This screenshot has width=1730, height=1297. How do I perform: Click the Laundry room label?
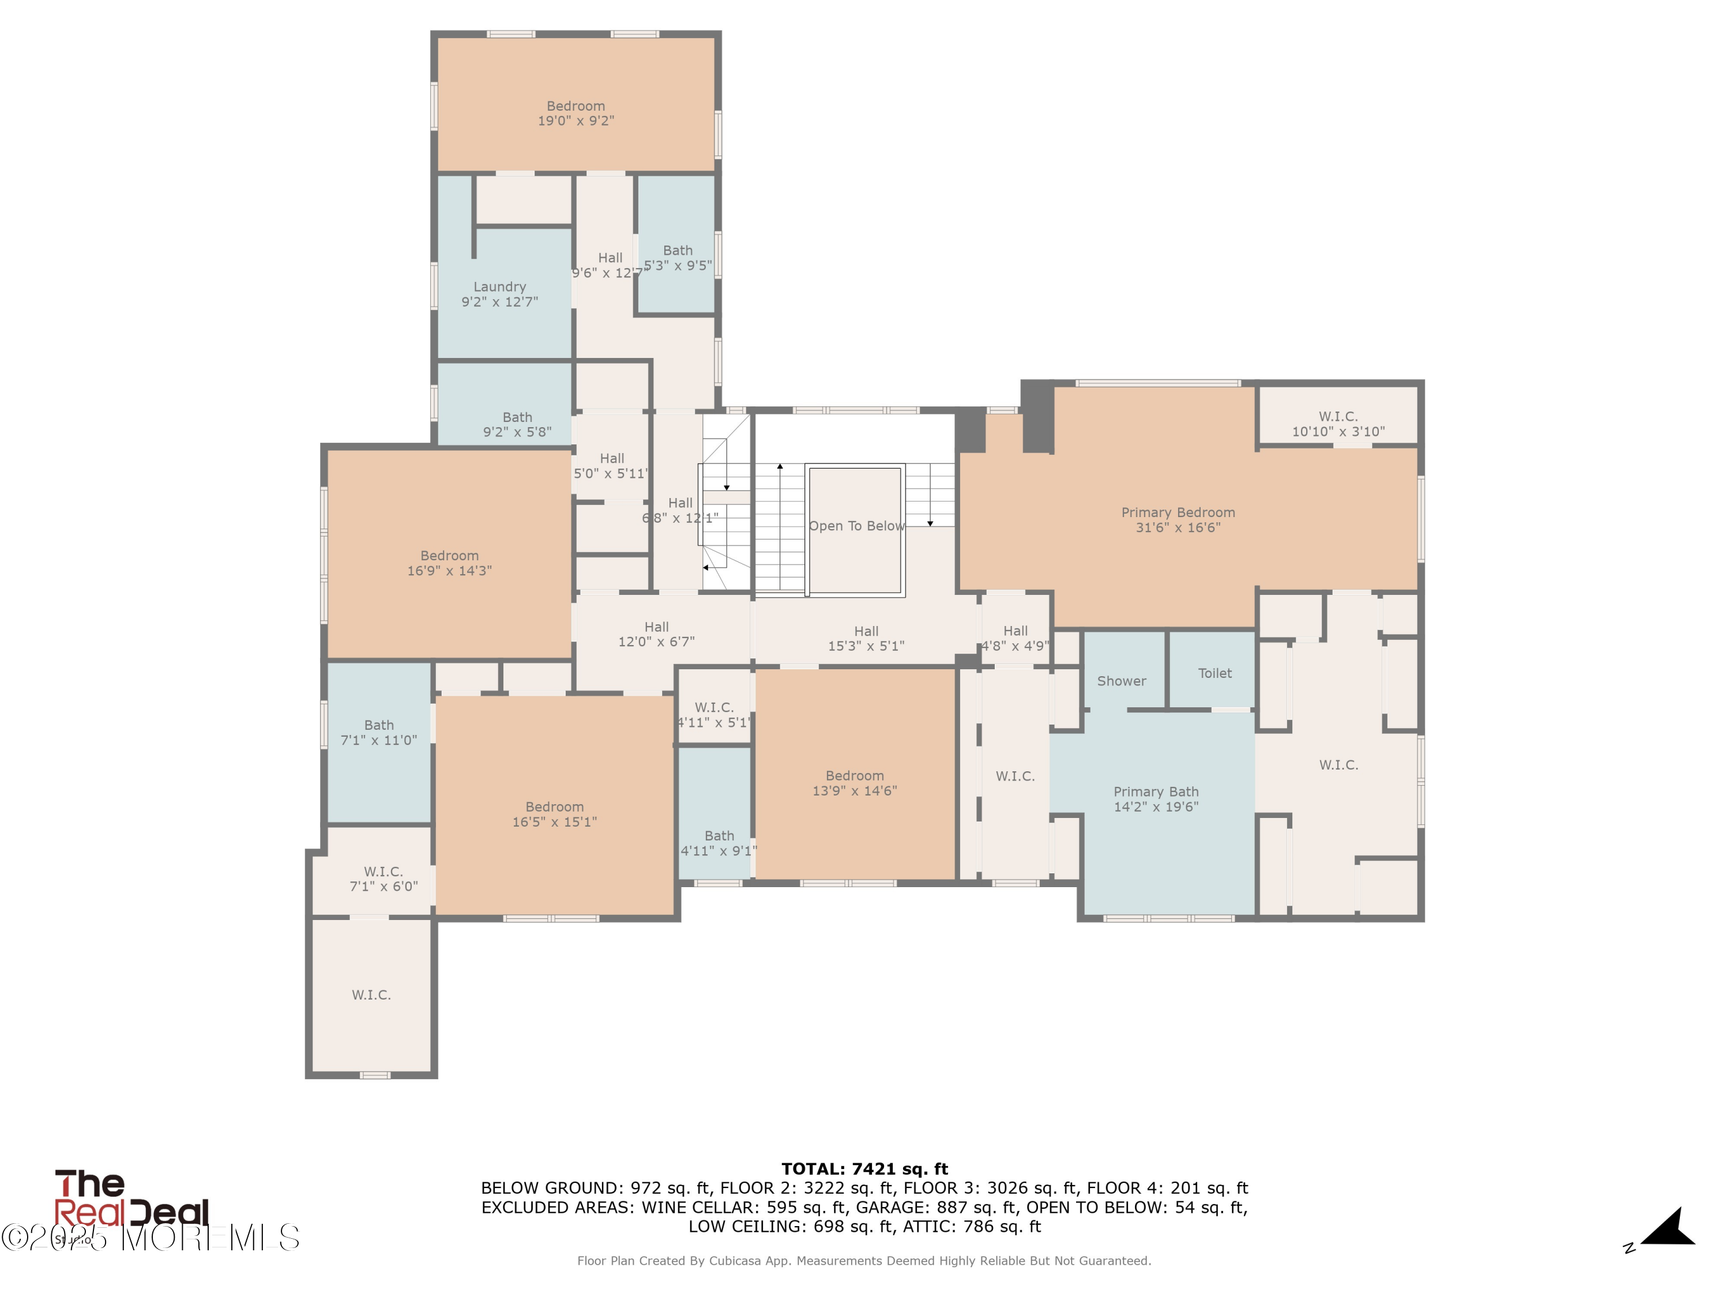499,294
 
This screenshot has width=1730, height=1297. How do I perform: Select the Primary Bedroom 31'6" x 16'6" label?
1178,520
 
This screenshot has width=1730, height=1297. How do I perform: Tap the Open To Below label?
856,526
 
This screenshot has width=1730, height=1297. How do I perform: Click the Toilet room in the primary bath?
1214,673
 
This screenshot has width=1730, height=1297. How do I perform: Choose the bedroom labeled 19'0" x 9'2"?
576,114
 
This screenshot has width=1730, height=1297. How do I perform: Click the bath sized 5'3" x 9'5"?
678,258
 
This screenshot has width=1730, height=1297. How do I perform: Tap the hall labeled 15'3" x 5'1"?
866,638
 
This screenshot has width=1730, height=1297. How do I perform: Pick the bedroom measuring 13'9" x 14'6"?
854,783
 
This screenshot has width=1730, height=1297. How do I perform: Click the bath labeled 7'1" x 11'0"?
378,733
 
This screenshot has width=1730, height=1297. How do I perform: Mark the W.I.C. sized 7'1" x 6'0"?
383,879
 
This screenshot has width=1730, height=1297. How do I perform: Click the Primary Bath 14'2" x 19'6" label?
1156,799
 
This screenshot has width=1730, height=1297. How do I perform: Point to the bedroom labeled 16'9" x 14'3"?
449,563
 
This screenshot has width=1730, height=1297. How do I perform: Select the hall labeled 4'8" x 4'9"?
1015,638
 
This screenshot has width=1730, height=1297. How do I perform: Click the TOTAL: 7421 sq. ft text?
864,1169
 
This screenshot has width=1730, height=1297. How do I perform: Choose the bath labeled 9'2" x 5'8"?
517,424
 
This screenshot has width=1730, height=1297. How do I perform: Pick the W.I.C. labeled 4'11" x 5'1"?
713,715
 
